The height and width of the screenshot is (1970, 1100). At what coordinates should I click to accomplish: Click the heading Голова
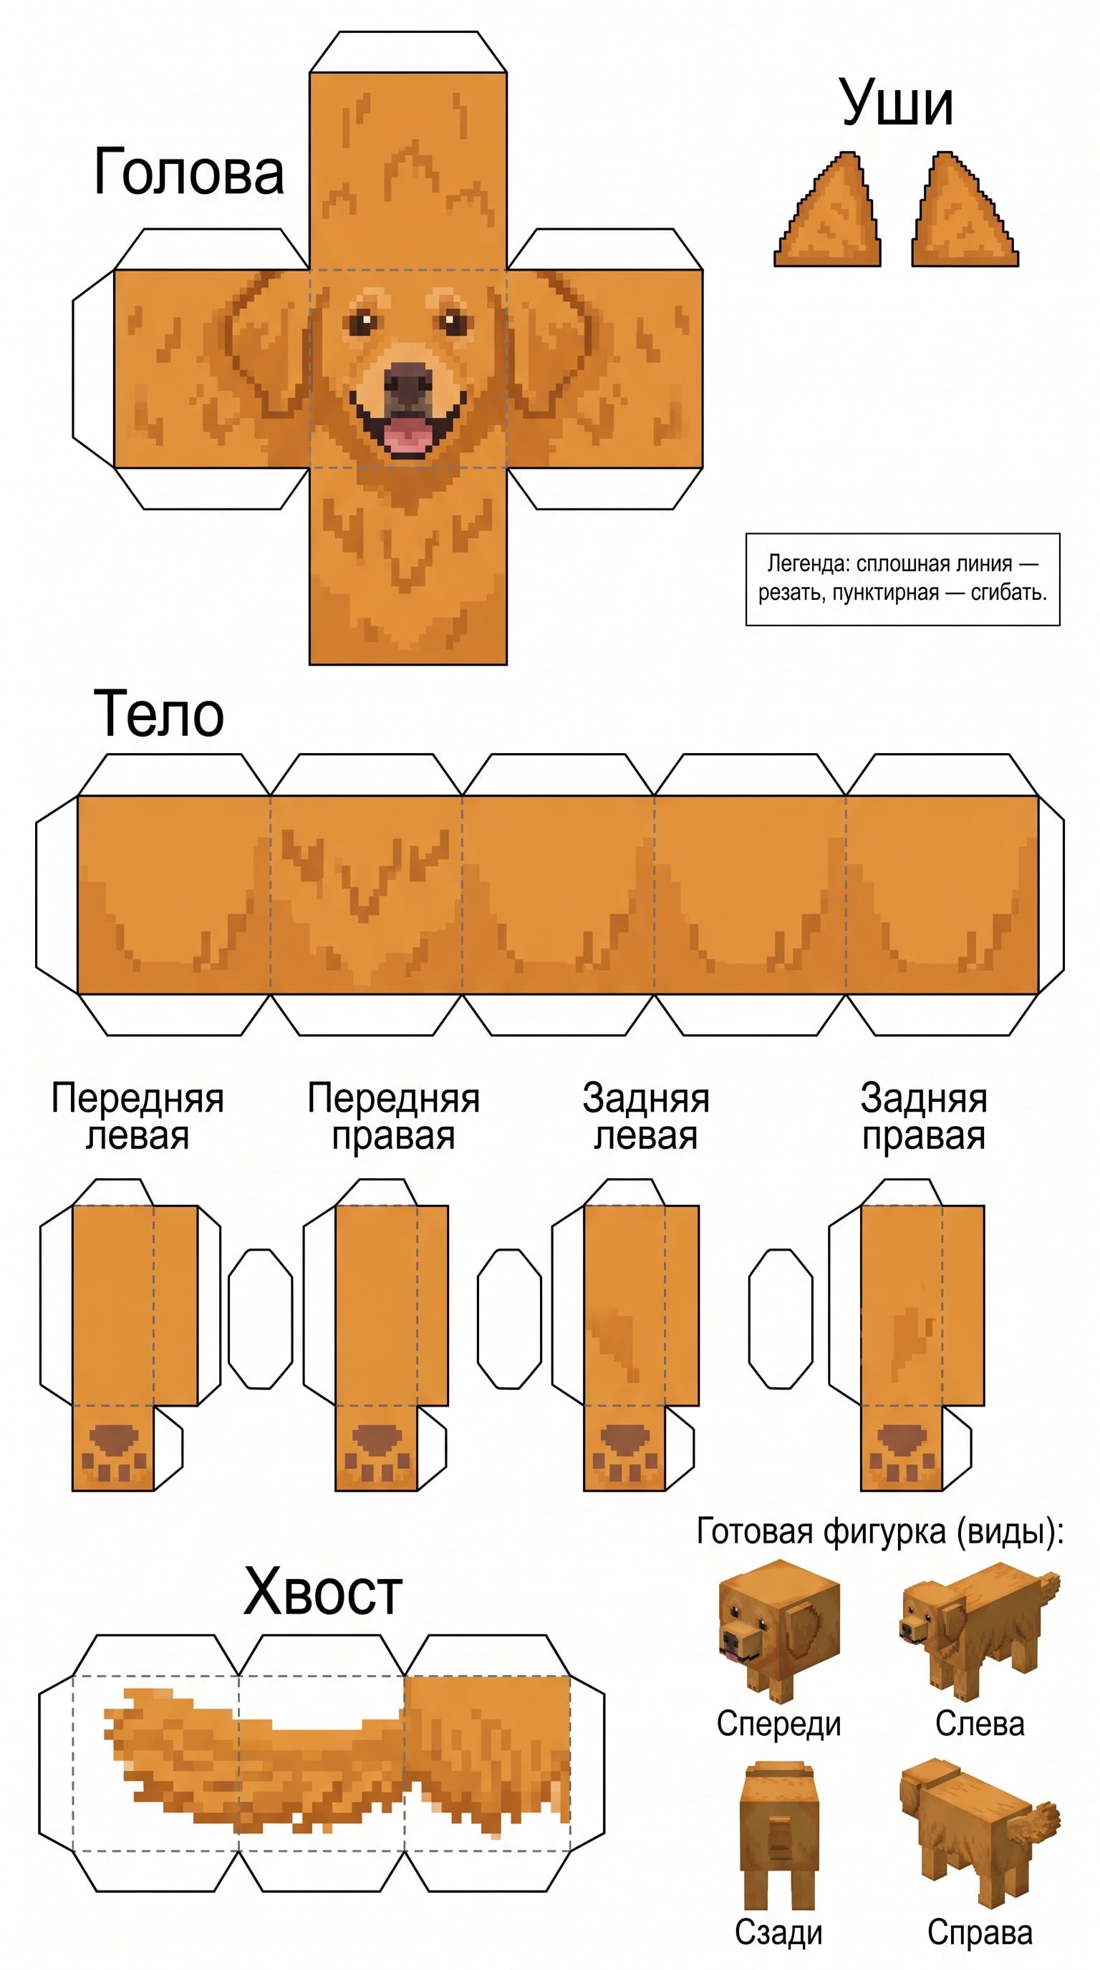click(x=189, y=172)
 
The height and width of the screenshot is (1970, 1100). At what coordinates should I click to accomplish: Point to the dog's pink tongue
click(x=407, y=436)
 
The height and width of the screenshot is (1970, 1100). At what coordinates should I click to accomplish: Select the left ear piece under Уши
click(x=828, y=210)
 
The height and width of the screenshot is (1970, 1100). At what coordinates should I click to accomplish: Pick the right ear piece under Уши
click(x=965, y=210)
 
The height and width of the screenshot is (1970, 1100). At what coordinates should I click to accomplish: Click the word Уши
click(x=897, y=103)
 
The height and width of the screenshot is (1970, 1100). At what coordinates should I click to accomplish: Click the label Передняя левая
click(x=137, y=1117)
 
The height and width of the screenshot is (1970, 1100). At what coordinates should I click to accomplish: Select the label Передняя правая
click(x=393, y=1117)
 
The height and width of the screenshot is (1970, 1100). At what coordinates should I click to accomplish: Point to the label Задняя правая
click(x=924, y=1117)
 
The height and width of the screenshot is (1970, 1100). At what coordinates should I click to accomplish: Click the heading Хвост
click(x=323, y=1592)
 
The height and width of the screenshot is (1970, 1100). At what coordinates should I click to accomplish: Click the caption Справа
click(x=980, y=1933)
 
